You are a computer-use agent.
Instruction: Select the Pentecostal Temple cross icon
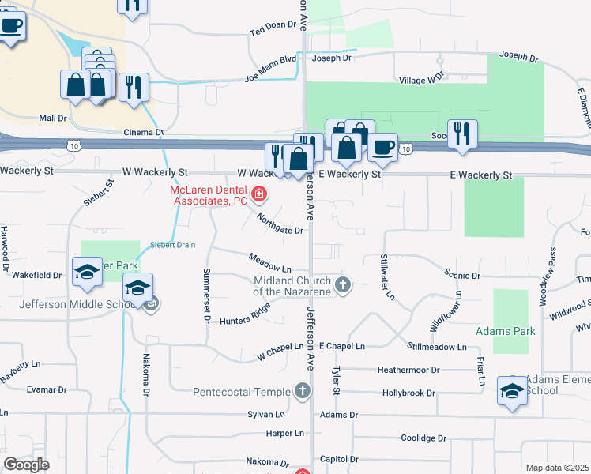click(301, 391)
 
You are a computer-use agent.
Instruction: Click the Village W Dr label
click(423, 80)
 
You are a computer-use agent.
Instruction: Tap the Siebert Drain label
click(172, 245)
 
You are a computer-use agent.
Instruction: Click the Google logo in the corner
click(26, 465)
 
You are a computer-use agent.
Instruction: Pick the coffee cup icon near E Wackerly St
click(383, 148)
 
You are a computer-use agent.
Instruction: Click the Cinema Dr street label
click(143, 133)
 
